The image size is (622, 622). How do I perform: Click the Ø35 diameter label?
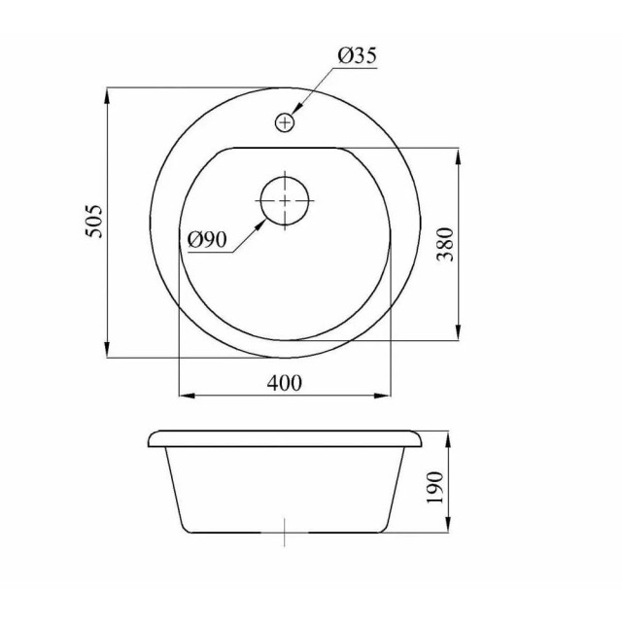(x=357, y=57)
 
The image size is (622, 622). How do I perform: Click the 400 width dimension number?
(x=284, y=383)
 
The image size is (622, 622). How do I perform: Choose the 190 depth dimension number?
(x=434, y=483)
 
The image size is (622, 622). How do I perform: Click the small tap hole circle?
(x=285, y=122)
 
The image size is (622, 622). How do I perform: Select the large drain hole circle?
(x=285, y=198)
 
